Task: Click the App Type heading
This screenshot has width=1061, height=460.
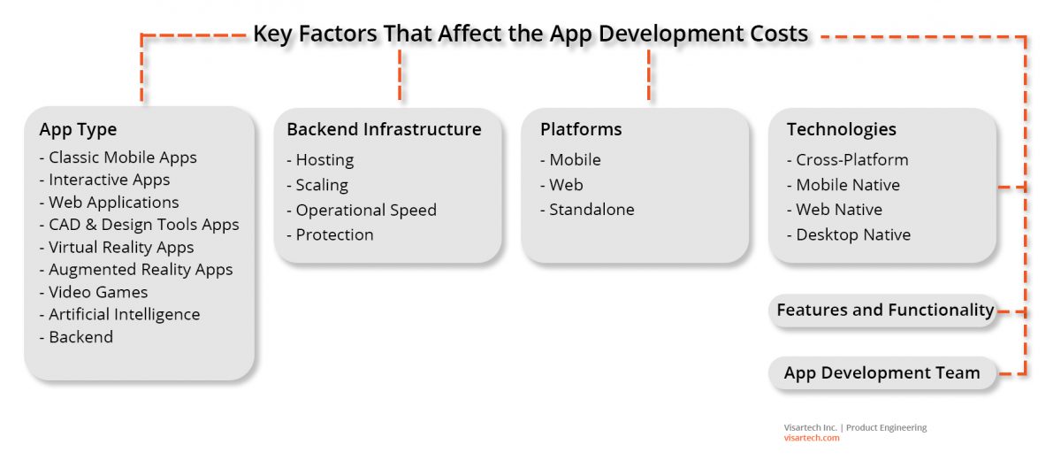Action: point(78,129)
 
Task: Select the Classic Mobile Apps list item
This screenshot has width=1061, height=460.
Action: point(122,157)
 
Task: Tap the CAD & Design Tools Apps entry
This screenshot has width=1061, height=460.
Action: point(143,225)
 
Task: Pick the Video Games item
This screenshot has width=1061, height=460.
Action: point(98,292)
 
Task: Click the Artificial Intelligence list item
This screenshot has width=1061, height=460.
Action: point(124,314)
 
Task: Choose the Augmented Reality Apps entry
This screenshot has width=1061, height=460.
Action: point(141,270)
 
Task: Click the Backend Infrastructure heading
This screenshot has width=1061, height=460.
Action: point(384,129)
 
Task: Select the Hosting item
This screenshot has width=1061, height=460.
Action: point(324,160)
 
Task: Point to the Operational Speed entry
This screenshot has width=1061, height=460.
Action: point(366,210)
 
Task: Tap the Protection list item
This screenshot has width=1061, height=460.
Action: point(334,234)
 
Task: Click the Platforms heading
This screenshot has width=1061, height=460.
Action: point(581,129)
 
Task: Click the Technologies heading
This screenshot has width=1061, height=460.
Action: point(841,129)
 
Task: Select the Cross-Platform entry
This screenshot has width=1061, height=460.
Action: point(851,160)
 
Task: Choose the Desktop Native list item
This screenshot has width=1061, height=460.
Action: point(853,234)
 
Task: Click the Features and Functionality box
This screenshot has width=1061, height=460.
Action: point(884,310)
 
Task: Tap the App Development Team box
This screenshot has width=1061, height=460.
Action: point(882,372)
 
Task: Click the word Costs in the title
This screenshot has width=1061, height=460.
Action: point(774,34)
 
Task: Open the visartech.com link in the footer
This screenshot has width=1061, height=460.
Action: point(812,438)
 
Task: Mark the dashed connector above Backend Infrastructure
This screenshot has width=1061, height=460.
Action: point(401,75)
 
